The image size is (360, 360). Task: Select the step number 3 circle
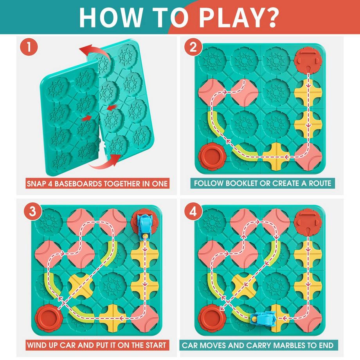point(33,211)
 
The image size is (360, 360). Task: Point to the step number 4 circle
point(193,211)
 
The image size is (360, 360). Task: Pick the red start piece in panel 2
point(309,59)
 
